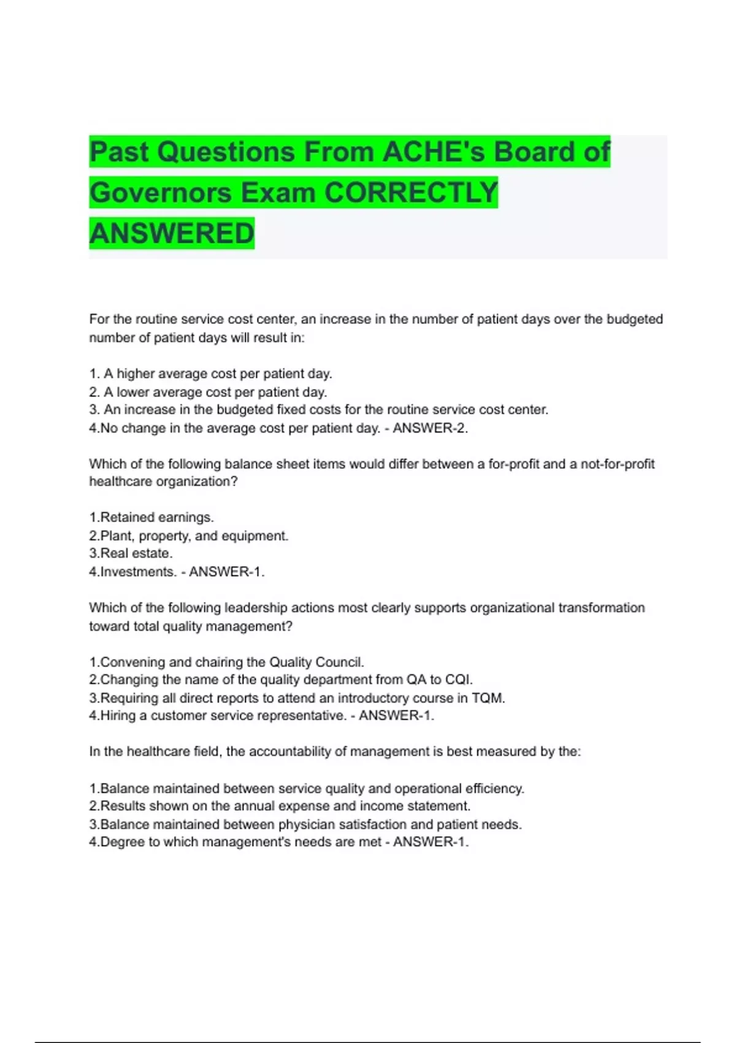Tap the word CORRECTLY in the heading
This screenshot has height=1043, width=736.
[411, 193]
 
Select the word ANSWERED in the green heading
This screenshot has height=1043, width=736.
[172, 233]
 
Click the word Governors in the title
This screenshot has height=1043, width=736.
[159, 193]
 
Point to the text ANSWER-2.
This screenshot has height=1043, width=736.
[430, 428]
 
